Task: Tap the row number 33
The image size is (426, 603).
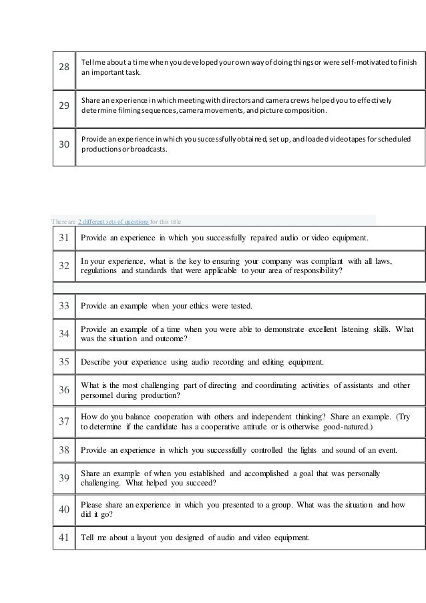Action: [64, 306]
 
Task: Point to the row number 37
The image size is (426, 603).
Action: [64, 421]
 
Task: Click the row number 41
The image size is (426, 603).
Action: [64, 539]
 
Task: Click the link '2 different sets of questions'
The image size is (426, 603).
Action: [113, 221]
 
